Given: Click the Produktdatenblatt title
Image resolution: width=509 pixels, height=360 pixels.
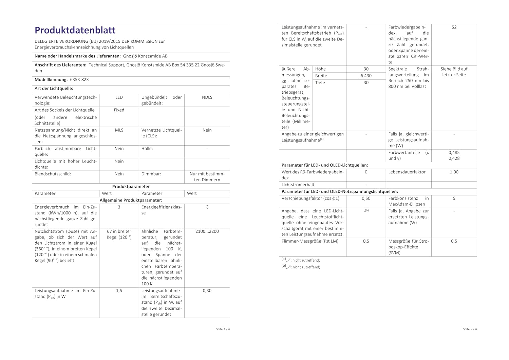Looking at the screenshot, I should coord(75,31).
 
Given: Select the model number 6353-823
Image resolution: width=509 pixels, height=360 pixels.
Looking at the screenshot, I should coord(79,80).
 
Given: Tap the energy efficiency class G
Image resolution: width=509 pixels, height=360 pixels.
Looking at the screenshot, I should coord(207,207).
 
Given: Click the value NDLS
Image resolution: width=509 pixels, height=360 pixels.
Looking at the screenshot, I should coord(207,97).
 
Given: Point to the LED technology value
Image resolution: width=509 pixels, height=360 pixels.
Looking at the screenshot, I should coord(119,97).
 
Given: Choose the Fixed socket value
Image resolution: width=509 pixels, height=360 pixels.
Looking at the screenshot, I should coord(119,110).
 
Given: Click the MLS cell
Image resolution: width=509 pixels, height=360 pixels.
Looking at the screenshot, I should coord(119,130).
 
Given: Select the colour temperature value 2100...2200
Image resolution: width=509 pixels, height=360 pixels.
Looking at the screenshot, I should coord(207,231).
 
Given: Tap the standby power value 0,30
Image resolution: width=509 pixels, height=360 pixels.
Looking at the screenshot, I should coord(207,291).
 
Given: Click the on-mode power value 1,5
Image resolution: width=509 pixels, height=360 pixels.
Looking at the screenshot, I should coord(119,291).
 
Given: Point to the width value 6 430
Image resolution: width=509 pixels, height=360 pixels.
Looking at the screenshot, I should coord(366,76).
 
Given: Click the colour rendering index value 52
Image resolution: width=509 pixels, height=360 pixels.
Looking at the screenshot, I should coord(454,27).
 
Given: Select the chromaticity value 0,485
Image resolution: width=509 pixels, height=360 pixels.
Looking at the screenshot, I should coord(454,153).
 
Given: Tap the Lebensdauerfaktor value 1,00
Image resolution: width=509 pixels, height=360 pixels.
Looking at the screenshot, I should coord(454,172).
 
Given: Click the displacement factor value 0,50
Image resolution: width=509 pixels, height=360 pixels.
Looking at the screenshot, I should coord(366,198).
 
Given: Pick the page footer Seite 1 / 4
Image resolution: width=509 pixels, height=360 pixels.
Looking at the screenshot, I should coord(223,329).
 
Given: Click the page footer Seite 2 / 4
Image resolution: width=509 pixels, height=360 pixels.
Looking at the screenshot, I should coord(470,329).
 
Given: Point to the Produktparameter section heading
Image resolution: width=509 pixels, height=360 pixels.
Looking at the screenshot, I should coord(131,187).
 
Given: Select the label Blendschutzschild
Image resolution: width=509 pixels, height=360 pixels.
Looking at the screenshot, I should coord(53,174).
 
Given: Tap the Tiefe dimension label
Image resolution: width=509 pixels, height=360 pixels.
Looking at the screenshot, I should coord(320,83).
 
